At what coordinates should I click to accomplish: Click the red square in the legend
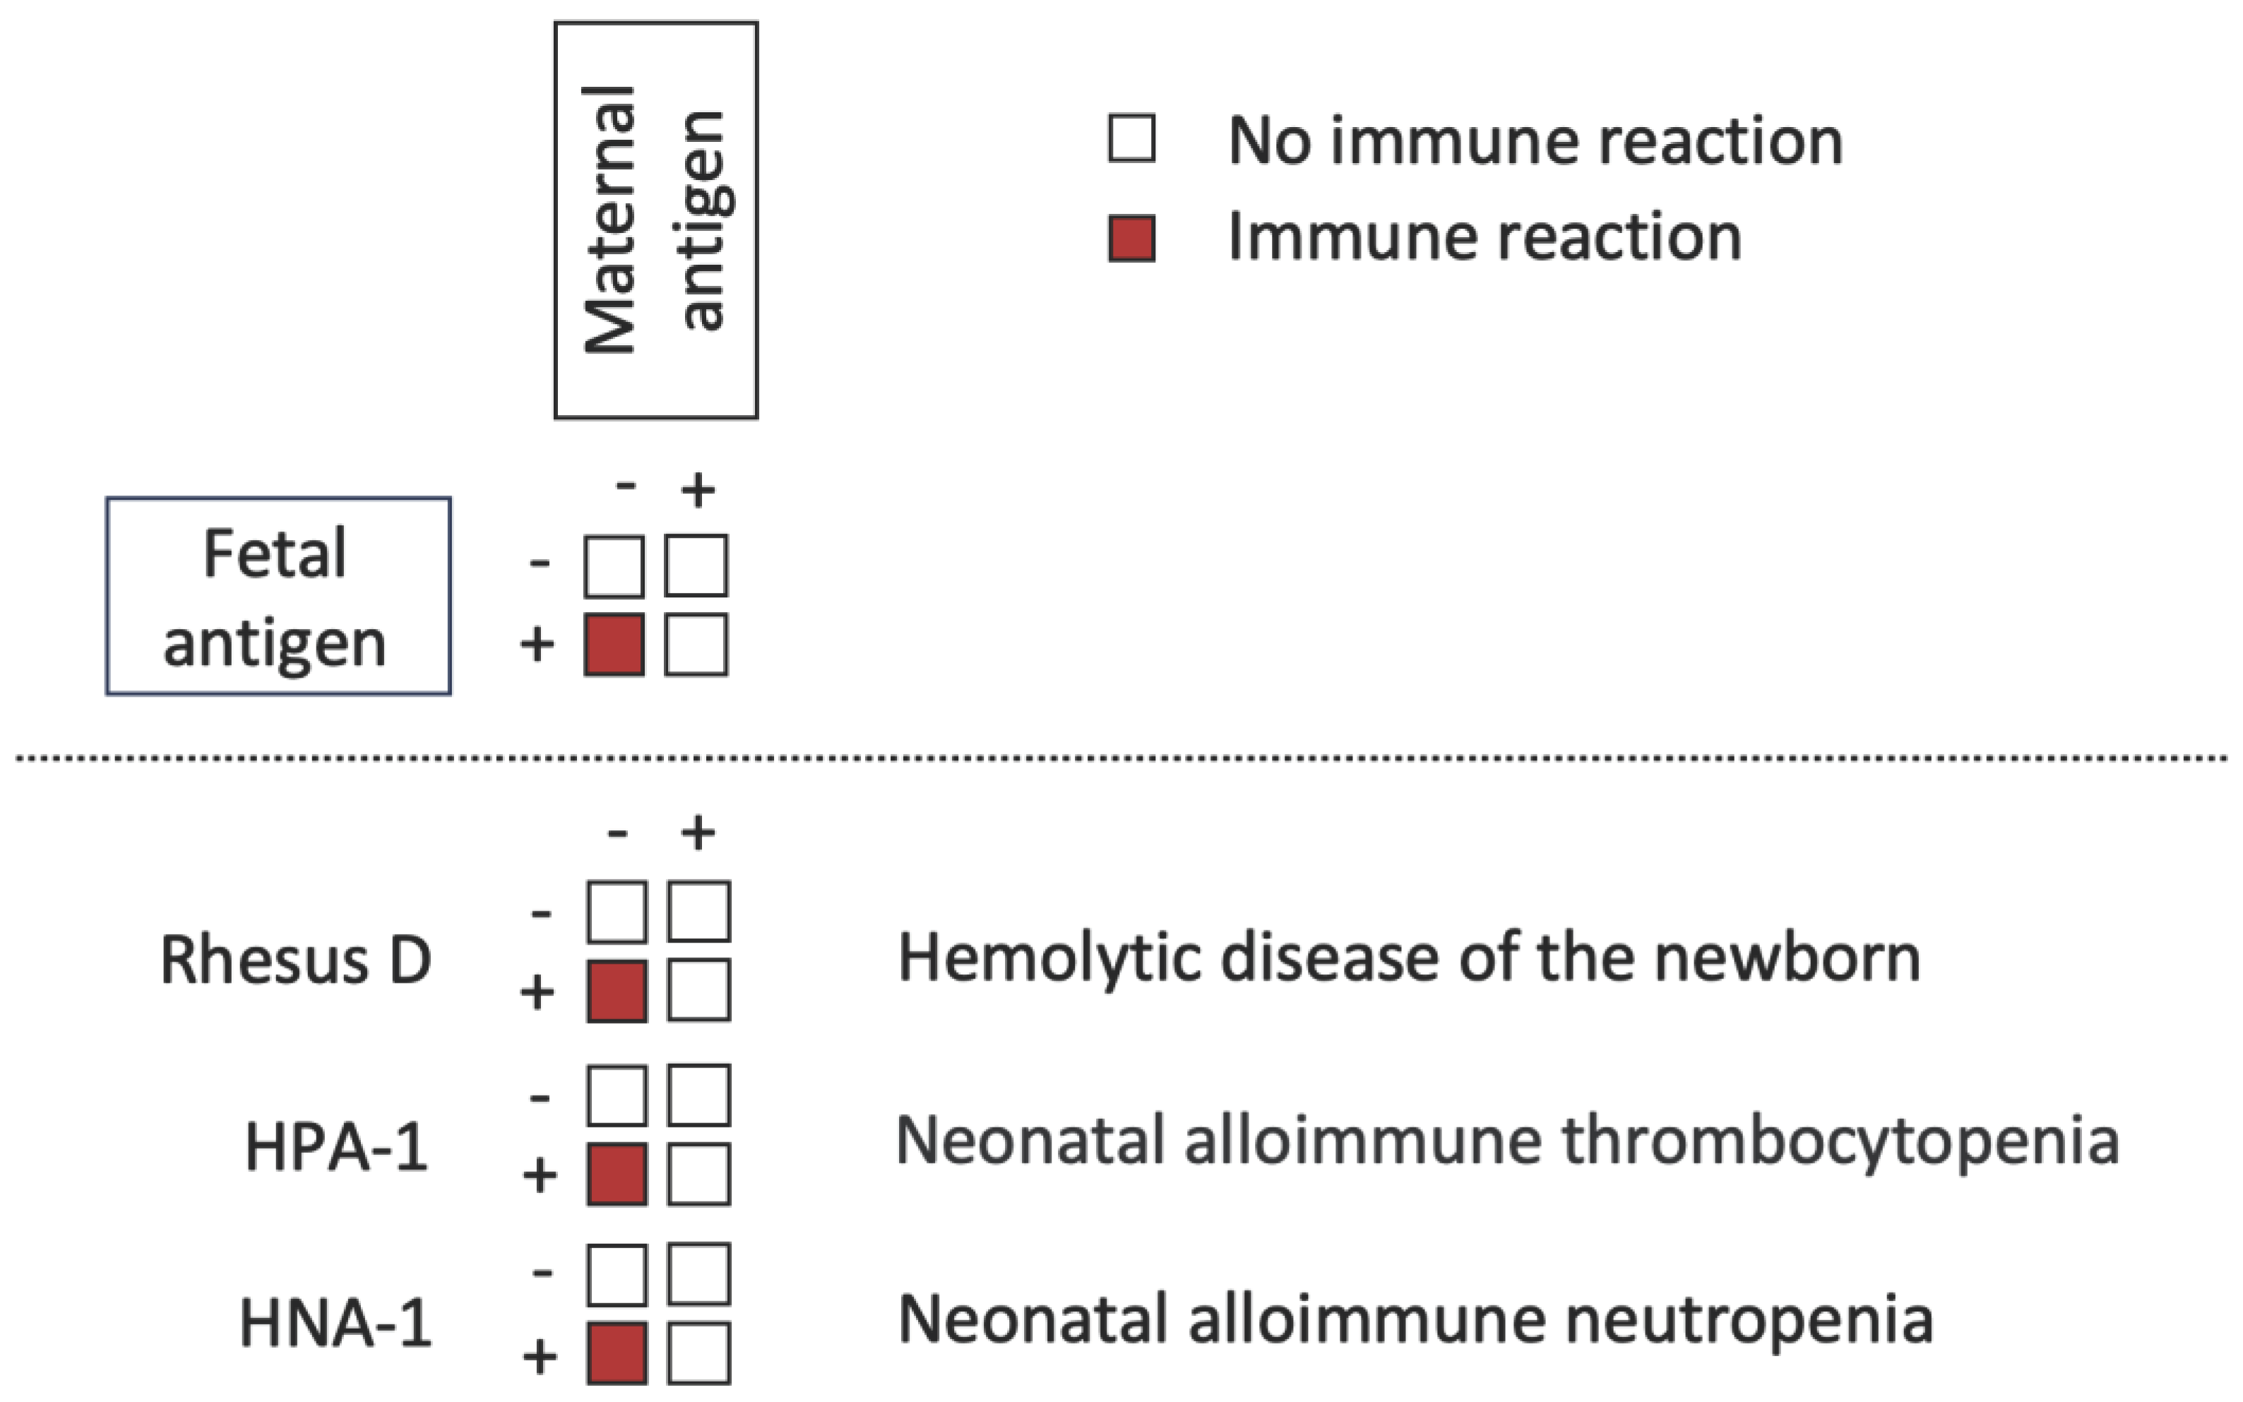coord(1131,239)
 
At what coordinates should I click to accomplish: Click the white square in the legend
coord(1131,139)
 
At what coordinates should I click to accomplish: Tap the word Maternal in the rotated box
coord(609,220)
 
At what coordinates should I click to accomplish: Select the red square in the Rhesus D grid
coord(617,992)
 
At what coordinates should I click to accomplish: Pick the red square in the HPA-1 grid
coord(617,1174)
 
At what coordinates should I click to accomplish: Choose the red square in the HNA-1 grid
coord(617,1354)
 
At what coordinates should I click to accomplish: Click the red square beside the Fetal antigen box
coord(614,645)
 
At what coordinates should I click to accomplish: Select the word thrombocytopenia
coord(1840,1141)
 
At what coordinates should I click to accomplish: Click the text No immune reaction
coord(1535,141)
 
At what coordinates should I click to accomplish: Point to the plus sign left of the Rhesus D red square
coord(537,992)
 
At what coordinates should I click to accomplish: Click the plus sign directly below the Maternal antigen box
coord(698,490)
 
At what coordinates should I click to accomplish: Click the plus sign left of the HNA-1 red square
coord(540,1357)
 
